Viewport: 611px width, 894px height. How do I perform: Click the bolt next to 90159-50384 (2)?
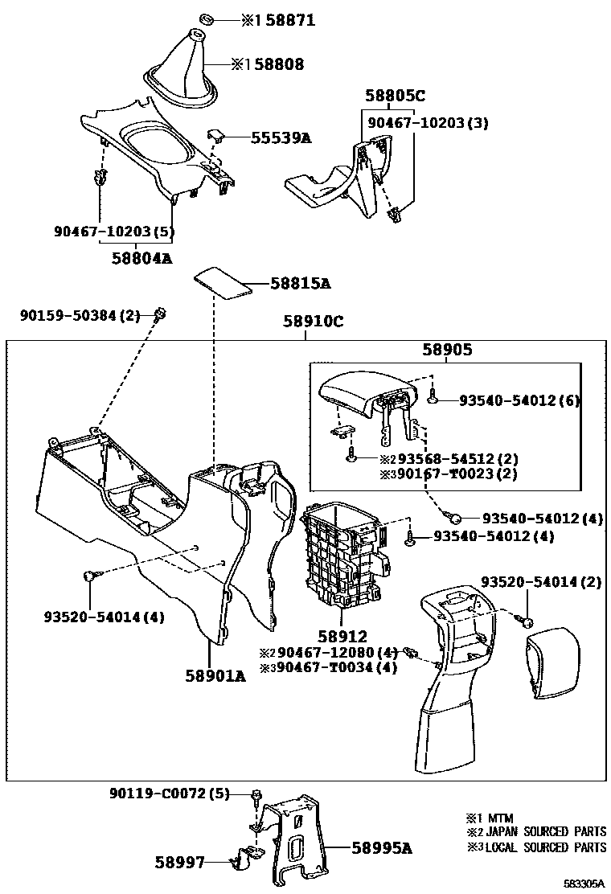pos(160,313)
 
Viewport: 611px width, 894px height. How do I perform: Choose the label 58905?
pos(447,351)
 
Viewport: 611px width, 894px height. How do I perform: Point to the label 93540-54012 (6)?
pos(519,400)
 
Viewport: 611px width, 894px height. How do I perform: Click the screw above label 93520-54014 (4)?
pos(90,575)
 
